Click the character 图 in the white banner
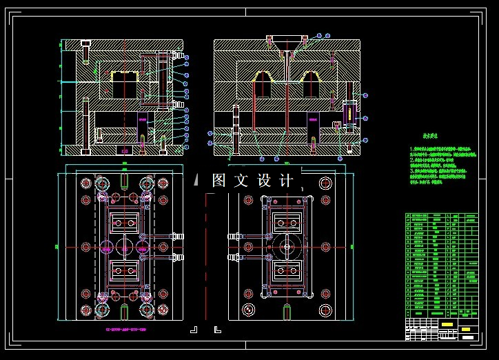(219, 181)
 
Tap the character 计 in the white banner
(287, 181)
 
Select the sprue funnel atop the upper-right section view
(286, 43)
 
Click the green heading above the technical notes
(436, 137)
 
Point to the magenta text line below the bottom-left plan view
(125, 330)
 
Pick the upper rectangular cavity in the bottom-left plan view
(125, 222)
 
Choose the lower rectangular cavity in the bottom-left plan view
(125, 269)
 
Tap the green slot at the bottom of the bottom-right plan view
(286, 312)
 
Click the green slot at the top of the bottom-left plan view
(124, 180)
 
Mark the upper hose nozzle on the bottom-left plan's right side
(175, 237)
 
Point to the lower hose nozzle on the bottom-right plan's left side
(234, 257)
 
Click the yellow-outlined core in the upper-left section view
(125, 83)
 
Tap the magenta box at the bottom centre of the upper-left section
(125, 150)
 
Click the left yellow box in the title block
(447, 325)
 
